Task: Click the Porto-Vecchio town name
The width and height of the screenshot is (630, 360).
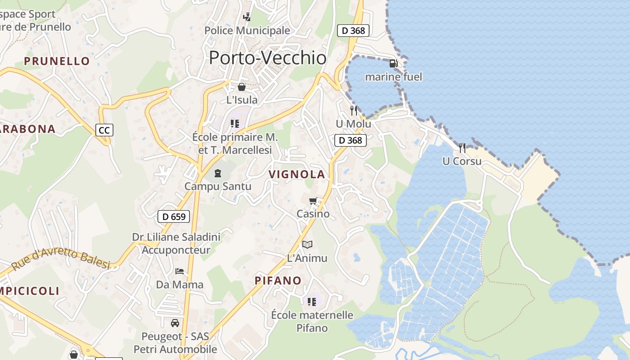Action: point(268,58)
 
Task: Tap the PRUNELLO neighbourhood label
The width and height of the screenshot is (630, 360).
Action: point(57,61)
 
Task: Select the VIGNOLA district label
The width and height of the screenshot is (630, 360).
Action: point(297,175)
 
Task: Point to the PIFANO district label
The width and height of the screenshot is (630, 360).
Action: point(278,281)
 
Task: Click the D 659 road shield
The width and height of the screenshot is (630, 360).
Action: point(174,216)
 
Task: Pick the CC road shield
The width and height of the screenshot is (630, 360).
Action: point(104,130)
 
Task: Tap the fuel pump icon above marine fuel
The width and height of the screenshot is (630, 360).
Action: point(393,63)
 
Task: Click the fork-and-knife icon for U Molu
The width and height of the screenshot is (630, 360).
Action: point(354,110)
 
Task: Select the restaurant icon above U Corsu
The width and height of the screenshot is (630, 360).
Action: point(462,148)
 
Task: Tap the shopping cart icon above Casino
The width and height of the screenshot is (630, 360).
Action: point(313,201)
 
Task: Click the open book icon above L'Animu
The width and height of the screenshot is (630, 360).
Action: point(307,244)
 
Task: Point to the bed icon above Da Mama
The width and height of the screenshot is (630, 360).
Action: point(180,271)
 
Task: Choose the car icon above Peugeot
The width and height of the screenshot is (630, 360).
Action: point(175,323)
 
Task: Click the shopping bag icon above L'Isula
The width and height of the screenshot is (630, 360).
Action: point(242,86)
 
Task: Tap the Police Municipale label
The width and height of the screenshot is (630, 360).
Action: point(247,31)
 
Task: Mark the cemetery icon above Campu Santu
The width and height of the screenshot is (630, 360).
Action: point(218,173)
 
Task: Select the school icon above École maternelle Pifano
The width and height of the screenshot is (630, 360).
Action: point(312,301)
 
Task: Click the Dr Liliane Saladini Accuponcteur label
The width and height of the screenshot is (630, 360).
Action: point(176,243)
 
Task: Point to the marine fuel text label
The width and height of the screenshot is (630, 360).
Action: point(393,77)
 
